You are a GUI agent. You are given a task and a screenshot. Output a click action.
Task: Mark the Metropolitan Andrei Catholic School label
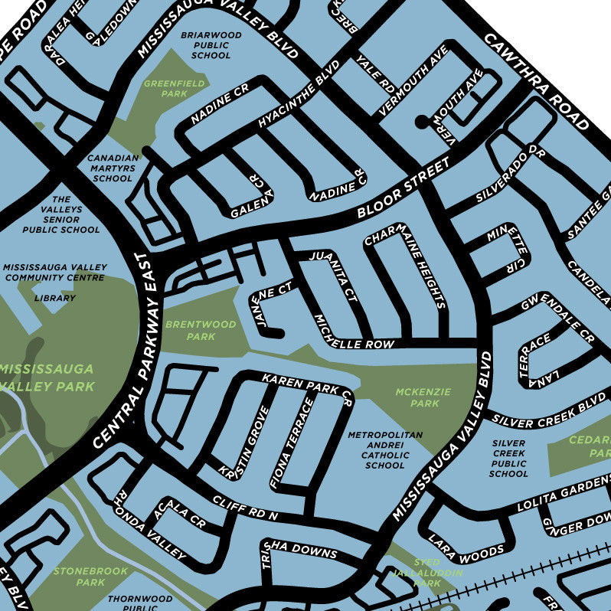coord(385,449)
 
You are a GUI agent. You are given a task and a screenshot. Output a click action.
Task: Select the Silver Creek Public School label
coord(508,458)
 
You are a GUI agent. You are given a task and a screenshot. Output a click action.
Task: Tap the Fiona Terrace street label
coord(292,444)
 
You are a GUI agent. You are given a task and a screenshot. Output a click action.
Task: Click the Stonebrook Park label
coord(80,577)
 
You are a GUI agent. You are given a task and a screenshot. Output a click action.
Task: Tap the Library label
coord(55,298)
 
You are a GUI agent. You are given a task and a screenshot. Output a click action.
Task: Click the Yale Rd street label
coord(374,73)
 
